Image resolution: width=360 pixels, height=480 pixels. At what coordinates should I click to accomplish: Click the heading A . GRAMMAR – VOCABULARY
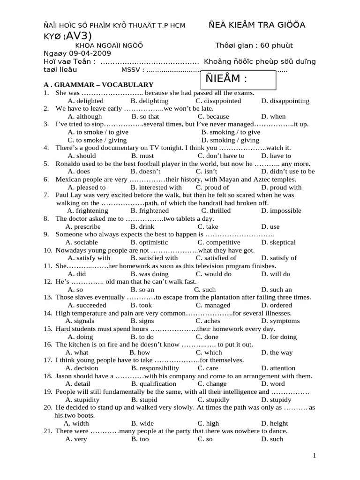98,85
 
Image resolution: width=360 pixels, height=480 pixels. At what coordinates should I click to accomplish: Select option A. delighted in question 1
85,101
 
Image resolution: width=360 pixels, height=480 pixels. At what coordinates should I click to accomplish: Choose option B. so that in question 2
145,117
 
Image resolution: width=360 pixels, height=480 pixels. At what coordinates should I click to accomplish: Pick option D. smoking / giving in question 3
230,140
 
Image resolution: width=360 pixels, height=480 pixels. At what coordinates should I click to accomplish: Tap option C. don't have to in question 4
220,156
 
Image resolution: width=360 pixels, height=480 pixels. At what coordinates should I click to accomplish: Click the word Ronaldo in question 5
69,164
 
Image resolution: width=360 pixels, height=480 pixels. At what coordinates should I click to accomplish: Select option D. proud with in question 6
281,187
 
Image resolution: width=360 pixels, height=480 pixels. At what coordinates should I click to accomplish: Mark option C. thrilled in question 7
213,211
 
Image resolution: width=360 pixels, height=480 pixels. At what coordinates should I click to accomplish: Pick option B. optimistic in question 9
149,242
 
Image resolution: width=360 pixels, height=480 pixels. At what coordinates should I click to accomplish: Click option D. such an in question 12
276,290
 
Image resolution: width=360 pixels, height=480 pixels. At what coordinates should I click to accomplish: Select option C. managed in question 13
213,305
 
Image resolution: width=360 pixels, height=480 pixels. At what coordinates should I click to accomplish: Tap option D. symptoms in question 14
280,321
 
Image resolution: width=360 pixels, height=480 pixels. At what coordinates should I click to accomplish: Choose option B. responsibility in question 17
155,368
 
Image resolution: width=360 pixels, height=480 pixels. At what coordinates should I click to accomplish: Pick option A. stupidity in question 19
82,400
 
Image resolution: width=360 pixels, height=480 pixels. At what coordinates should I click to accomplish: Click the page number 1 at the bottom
315,456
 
